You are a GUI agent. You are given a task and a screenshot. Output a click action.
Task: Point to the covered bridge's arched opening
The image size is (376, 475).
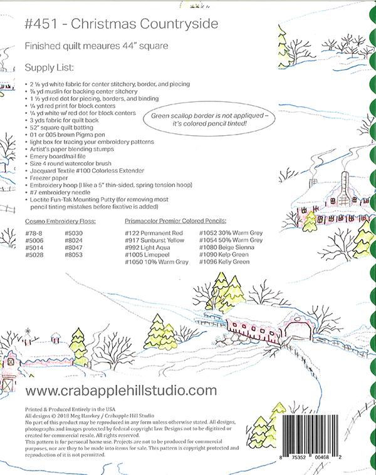click(300, 329)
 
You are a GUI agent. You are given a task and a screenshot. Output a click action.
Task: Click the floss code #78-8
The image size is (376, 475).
click(34, 233)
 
